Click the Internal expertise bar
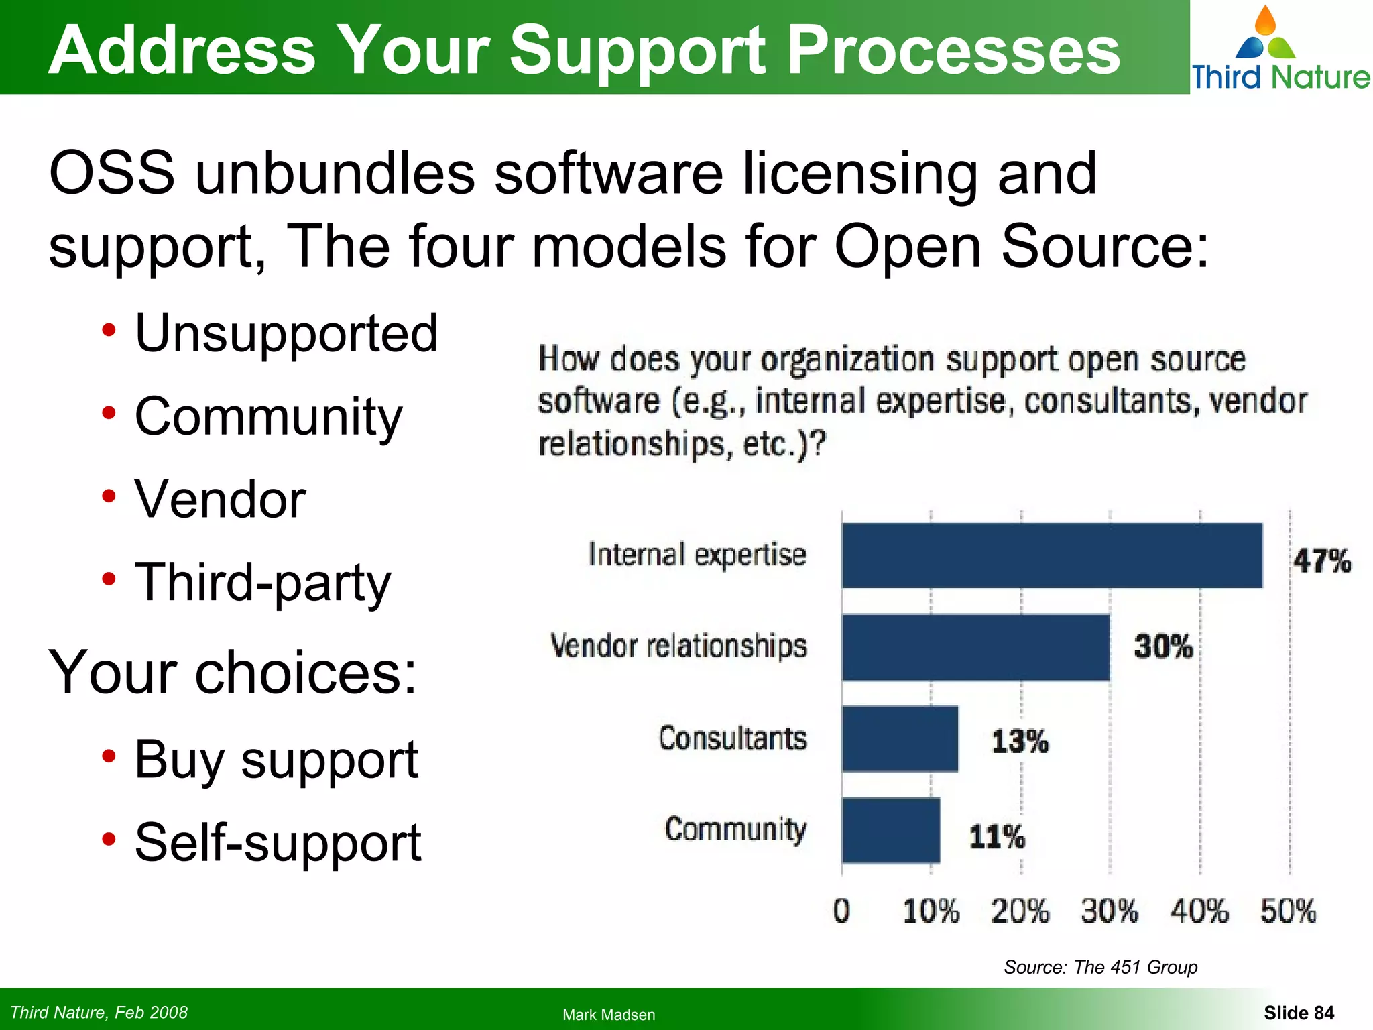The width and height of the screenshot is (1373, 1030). [1052, 555]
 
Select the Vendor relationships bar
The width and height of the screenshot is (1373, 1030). [975, 647]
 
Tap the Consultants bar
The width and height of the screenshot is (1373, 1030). [900, 738]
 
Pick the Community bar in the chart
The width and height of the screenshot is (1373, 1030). [890, 830]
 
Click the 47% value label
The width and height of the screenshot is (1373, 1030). [1321, 561]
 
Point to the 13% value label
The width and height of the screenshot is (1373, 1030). [1019, 742]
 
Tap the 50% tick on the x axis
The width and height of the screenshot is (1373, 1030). [1288, 911]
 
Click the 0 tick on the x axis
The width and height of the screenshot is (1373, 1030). [841, 911]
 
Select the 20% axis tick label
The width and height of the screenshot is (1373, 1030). [1020, 911]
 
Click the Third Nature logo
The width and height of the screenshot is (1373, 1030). [1280, 48]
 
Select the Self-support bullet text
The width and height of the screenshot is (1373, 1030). [278, 843]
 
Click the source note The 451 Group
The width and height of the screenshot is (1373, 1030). [1100, 967]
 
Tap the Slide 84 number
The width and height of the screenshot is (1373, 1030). [1299, 1013]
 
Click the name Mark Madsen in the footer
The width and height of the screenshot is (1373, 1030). [609, 1015]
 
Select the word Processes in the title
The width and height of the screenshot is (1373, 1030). [953, 51]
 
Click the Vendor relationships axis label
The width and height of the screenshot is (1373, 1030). [678, 646]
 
